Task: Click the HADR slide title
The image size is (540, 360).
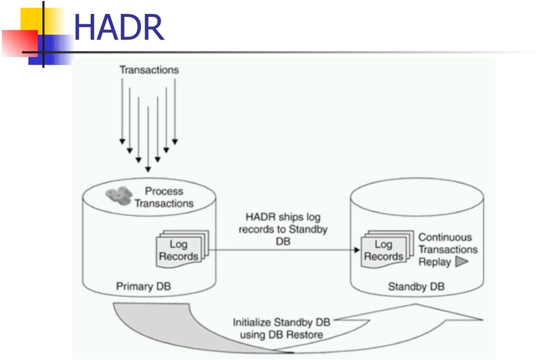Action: pos(119,27)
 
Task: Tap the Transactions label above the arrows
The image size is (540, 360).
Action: pos(149,70)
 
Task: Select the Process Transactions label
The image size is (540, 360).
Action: pos(164,197)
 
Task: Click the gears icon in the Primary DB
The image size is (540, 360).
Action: pos(119,195)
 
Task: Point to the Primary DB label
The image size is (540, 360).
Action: pos(143,286)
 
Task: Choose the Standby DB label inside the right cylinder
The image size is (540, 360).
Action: pos(416,286)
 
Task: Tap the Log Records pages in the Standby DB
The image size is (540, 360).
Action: pos(387,248)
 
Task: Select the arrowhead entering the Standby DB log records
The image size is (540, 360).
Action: pos(357,250)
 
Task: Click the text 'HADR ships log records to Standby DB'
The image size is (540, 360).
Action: pos(283,229)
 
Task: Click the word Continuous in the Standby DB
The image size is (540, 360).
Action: pos(445,237)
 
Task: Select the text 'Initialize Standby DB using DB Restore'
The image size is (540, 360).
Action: pos(282,328)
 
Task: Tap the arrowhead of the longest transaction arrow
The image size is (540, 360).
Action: pos(148,169)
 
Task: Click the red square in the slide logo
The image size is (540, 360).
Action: pos(20,43)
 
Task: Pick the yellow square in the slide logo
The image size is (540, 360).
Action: pos(41,21)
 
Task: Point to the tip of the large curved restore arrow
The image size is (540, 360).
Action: pos(483,319)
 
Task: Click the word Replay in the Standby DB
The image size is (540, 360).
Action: pos(435,262)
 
